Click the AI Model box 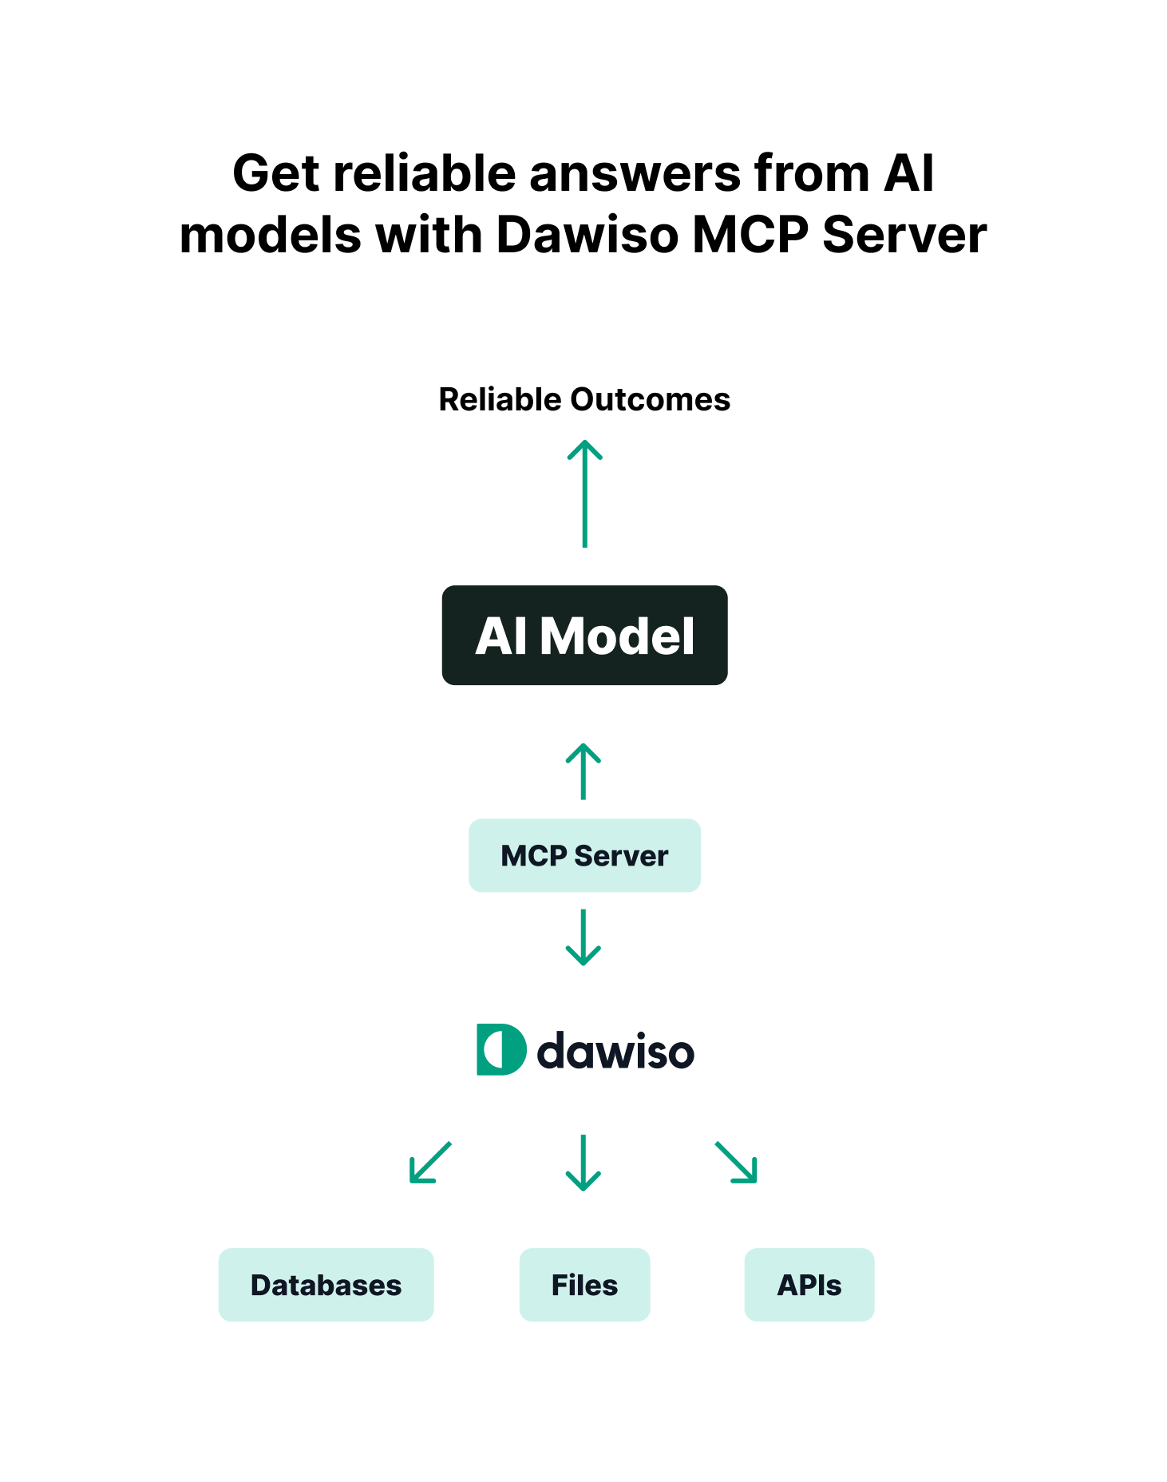(584, 636)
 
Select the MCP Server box (584, 855)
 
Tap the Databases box (326, 1285)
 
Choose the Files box (584, 1285)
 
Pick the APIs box (809, 1285)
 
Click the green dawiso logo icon (500, 1049)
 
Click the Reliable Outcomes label (584, 399)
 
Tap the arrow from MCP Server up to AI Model (583, 771)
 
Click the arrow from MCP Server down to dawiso (583, 937)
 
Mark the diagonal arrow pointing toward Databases (430, 1163)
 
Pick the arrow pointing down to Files (583, 1163)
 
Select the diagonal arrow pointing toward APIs (736, 1163)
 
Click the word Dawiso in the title (587, 236)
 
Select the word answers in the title (635, 174)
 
